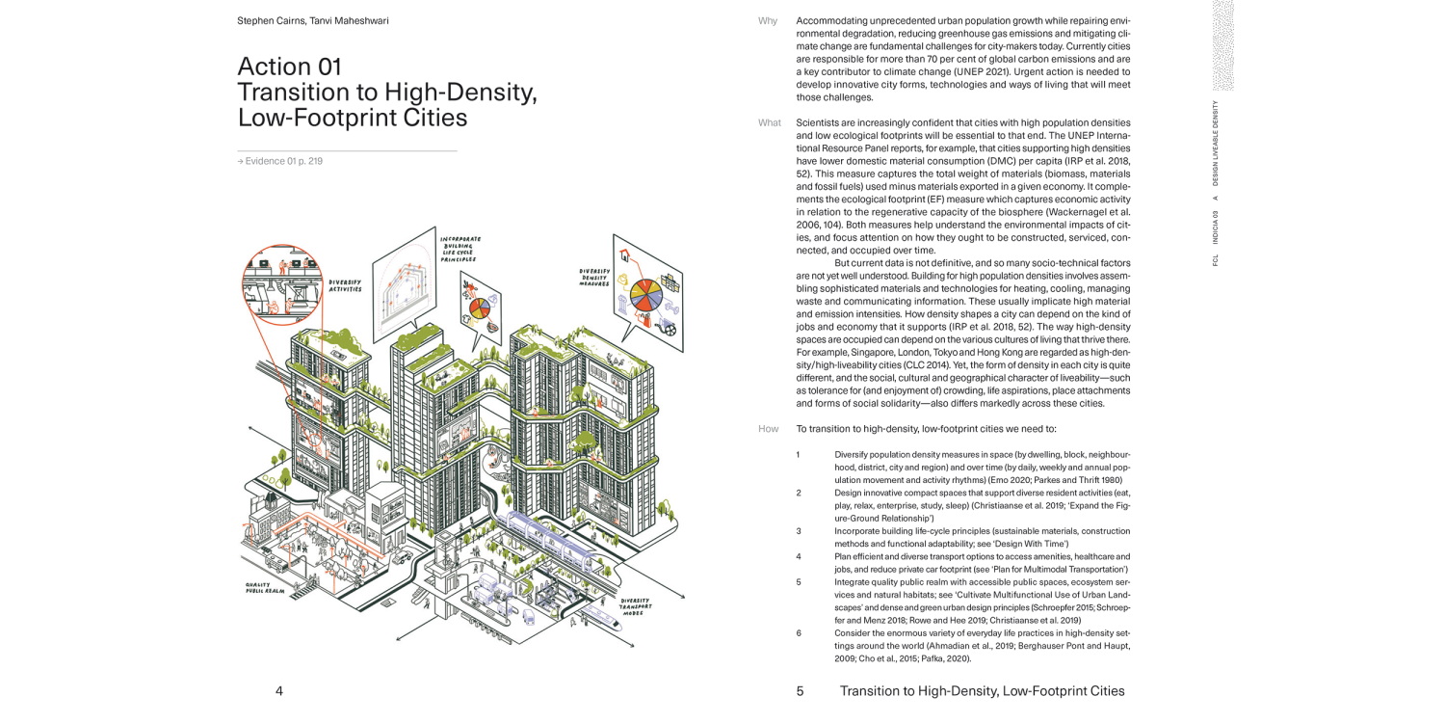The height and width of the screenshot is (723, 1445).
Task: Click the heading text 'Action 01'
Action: point(289,67)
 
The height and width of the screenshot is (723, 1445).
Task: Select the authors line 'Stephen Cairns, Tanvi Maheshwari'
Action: point(313,20)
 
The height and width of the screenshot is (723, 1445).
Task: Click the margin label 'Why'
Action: point(768,20)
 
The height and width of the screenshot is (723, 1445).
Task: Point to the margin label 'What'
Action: point(770,122)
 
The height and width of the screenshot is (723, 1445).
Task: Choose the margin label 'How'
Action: point(768,429)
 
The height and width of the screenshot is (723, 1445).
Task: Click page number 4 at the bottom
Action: point(279,690)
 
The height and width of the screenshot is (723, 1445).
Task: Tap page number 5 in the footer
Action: point(800,690)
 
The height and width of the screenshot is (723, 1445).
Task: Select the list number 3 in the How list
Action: point(799,531)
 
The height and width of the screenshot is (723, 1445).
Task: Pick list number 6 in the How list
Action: point(799,633)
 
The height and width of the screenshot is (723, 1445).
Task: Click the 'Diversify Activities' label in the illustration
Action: point(346,285)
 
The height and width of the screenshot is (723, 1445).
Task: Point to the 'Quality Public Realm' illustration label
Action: point(265,587)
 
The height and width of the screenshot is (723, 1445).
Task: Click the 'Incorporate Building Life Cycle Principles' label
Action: point(460,249)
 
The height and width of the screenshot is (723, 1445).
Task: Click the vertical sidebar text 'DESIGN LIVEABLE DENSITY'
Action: point(1216,143)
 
